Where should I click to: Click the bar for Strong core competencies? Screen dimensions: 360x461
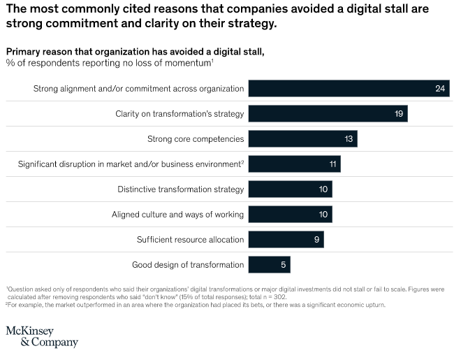[x=302, y=138]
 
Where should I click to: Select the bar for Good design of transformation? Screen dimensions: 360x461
[x=269, y=264]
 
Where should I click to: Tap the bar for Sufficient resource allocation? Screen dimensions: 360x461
[x=286, y=239]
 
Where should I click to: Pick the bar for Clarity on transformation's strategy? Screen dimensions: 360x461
[x=328, y=113]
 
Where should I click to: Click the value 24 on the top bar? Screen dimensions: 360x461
[x=440, y=89]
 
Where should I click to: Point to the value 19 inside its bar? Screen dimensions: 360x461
[x=398, y=114]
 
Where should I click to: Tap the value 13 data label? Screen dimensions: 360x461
[x=349, y=139]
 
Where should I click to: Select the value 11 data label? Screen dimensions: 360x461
[x=332, y=164]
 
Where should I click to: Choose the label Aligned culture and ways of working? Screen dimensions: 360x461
[x=178, y=215]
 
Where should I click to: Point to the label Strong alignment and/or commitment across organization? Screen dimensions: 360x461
[x=139, y=89]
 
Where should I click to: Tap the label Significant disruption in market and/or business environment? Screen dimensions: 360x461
[x=130, y=164]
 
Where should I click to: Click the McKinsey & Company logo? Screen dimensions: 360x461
[x=42, y=336]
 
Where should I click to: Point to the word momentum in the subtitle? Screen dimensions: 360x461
[x=188, y=63]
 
